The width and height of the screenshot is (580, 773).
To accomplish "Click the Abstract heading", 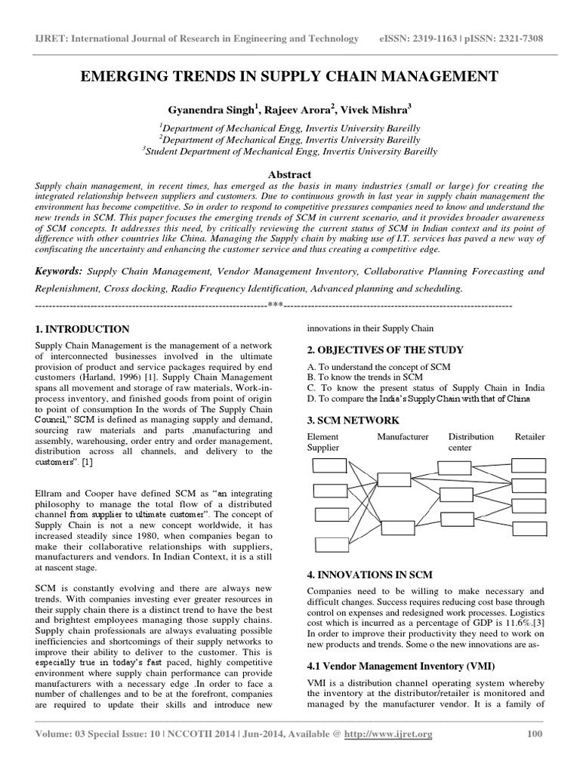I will (290, 174).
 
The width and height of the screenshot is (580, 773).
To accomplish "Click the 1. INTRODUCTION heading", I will (83, 329).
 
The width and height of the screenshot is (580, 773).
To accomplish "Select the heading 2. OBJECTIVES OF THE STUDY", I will (384, 350).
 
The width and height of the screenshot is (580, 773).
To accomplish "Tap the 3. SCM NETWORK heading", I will (353, 420).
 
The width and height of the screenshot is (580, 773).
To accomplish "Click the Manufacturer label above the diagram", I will (403, 437).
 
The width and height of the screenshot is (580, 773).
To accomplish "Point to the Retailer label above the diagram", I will (529, 437).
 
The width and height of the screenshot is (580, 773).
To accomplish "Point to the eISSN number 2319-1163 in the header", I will (440, 38).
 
